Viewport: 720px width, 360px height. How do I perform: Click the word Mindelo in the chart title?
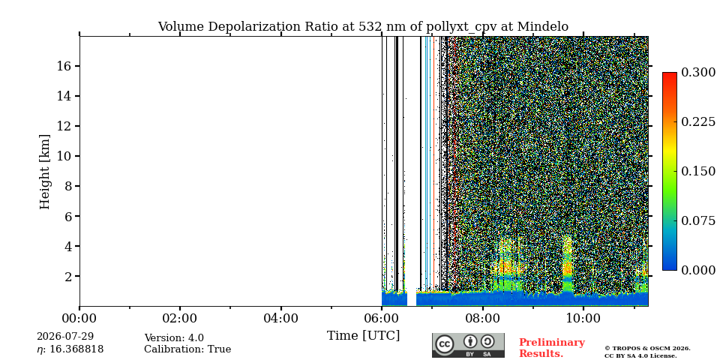tap(543, 27)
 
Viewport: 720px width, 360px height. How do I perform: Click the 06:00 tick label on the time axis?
tap(382, 318)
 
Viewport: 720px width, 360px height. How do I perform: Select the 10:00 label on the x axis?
tap(583, 318)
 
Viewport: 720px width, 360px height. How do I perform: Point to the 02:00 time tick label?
tap(180, 318)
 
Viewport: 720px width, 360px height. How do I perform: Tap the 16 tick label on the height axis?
tap(63, 66)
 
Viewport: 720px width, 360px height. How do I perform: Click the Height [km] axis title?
tap(44, 172)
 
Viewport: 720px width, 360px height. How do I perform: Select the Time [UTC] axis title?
tap(363, 336)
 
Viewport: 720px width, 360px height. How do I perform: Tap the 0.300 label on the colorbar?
tap(698, 73)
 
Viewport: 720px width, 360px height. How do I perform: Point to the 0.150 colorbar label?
tap(698, 171)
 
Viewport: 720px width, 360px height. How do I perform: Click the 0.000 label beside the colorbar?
tap(698, 271)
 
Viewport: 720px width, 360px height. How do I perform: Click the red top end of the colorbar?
tap(670, 73)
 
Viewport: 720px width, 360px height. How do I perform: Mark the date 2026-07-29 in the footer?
tap(65, 337)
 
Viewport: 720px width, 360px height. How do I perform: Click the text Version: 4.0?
tap(174, 338)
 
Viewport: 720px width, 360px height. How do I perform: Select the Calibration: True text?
tap(187, 349)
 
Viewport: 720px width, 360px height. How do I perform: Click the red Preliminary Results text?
tap(552, 348)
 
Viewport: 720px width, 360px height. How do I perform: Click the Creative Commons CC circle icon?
tap(445, 344)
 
